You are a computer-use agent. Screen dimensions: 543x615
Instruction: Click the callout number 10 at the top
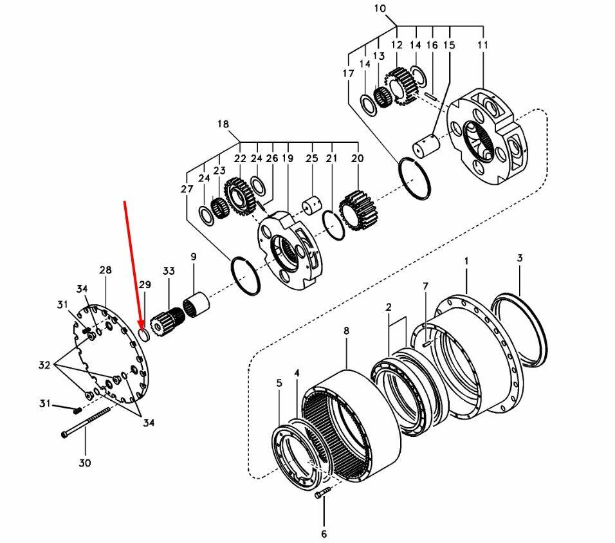coord(397,9)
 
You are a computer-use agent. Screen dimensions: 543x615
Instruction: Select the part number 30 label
coord(85,463)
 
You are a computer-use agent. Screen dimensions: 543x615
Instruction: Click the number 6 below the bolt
coord(324,533)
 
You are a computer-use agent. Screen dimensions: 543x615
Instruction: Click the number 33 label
coord(169,271)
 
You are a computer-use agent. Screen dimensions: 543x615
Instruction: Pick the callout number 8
coord(346,331)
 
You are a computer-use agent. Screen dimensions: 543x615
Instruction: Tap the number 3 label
coord(520,258)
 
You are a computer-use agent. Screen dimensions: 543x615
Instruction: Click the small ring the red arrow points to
coord(145,335)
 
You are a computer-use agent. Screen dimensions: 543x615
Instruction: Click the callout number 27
coord(187,189)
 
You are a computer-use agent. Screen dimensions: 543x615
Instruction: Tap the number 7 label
coord(425,286)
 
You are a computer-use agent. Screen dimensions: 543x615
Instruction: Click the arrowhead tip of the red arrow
coord(142,326)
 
